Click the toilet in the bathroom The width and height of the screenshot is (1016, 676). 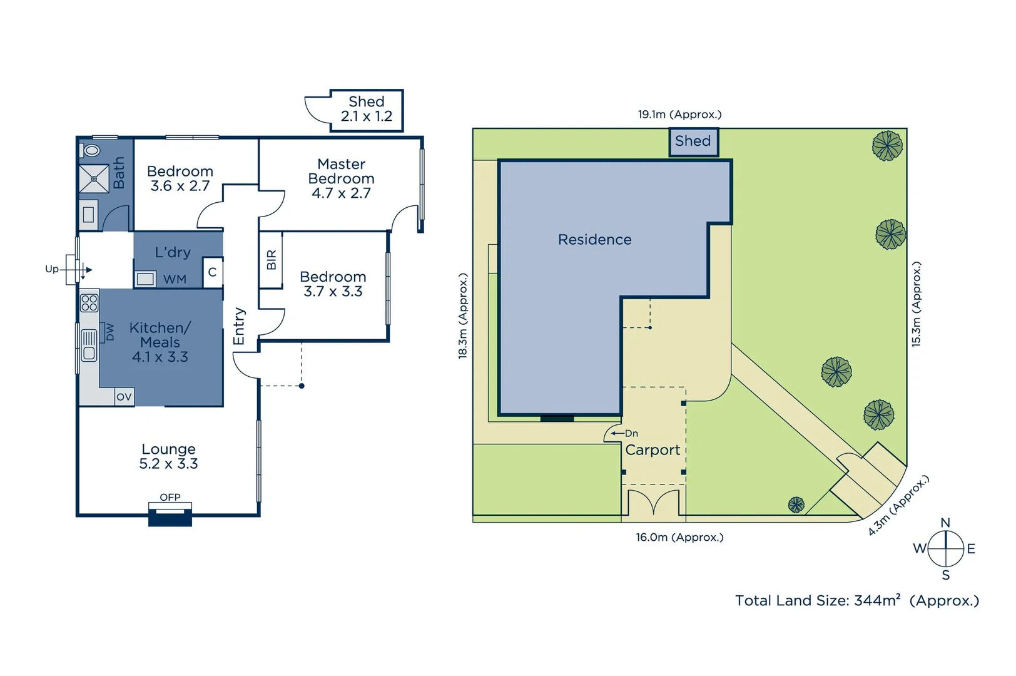[91, 150]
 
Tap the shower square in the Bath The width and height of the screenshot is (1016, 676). [94, 179]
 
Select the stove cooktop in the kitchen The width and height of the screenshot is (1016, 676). [89, 303]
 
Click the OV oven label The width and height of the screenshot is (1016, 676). [124, 397]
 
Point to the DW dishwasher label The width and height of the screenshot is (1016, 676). [109, 332]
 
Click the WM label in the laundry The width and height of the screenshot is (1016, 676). [175, 279]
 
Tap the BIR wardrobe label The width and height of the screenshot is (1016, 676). [272, 260]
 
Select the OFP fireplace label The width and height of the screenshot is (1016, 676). [170, 497]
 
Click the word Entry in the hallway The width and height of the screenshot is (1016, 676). [238, 326]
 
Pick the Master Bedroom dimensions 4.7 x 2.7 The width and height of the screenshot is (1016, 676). [341, 193]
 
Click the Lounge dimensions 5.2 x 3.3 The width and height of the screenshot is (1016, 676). [168, 464]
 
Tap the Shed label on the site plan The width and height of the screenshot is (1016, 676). [693, 141]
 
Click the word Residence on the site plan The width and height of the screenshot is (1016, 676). [594, 240]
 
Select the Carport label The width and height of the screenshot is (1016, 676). [653, 450]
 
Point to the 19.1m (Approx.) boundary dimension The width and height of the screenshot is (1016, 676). [679, 115]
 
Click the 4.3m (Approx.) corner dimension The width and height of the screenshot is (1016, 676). [898, 505]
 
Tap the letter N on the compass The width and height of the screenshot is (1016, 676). [945, 523]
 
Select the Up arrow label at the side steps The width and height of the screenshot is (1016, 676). [52, 269]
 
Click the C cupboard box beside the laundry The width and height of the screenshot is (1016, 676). [212, 272]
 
